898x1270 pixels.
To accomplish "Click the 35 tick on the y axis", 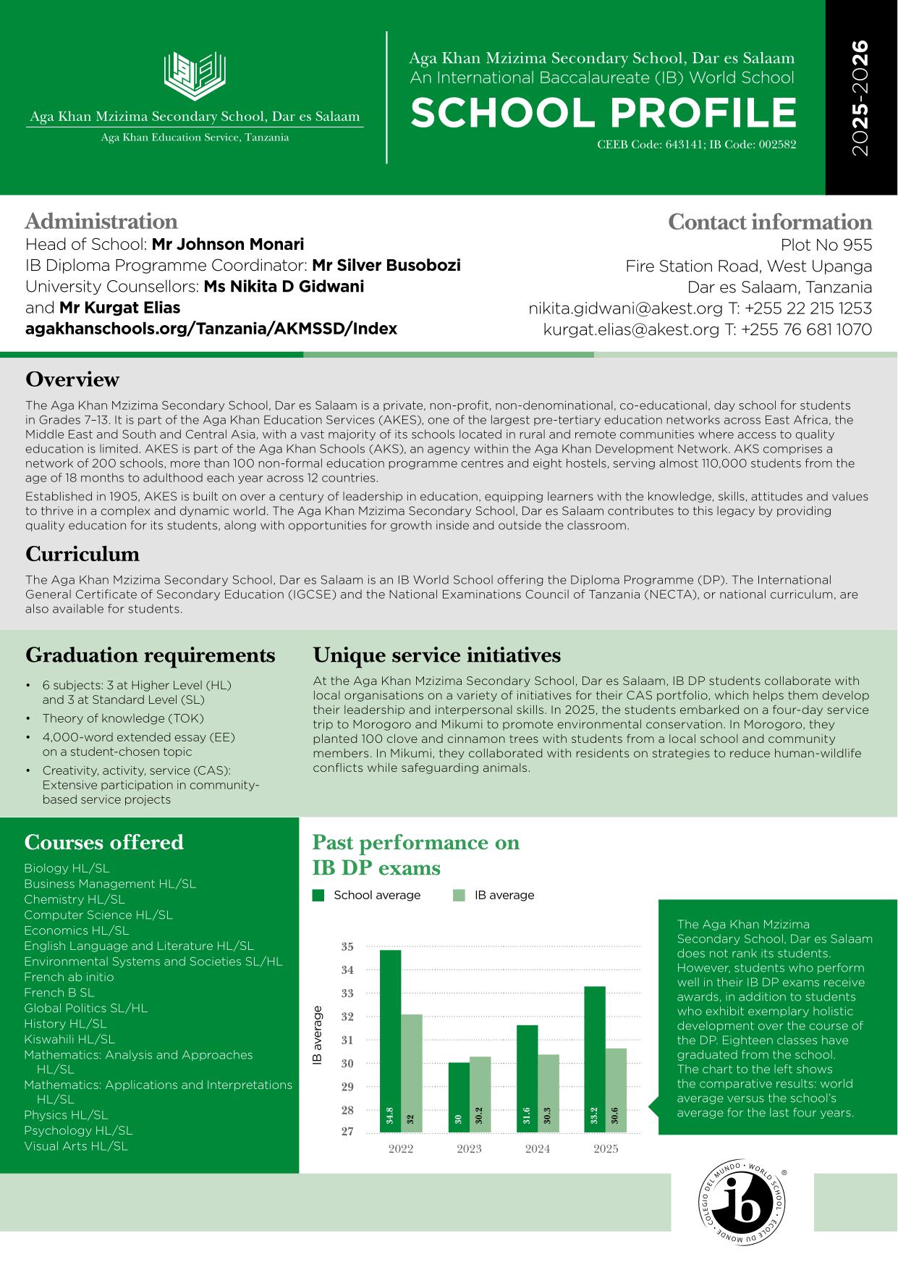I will pyautogui.click(x=347, y=946).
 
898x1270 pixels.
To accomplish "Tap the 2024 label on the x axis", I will pyautogui.click(x=538, y=1148).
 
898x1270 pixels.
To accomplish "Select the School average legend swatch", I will pyautogui.click(x=318, y=896).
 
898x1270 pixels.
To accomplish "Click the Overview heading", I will pyautogui.click(x=72, y=379).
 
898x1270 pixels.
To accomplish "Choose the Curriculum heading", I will pyautogui.click(x=82, y=554).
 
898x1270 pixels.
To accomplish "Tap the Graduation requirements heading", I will pyautogui.click(x=151, y=655).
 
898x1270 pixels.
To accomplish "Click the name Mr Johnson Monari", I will pyautogui.click(x=228, y=244).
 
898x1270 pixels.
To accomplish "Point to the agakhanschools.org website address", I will pyautogui.click(x=211, y=329).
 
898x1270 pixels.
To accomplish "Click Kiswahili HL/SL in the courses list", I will pyautogui.click(x=69, y=1039).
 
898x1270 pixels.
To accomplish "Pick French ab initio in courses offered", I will pyautogui.click(x=69, y=977).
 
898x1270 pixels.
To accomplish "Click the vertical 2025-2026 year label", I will pyautogui.click(x=860, y=98).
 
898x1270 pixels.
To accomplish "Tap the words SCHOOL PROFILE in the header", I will pyautogui.click(x=603, y=113).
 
